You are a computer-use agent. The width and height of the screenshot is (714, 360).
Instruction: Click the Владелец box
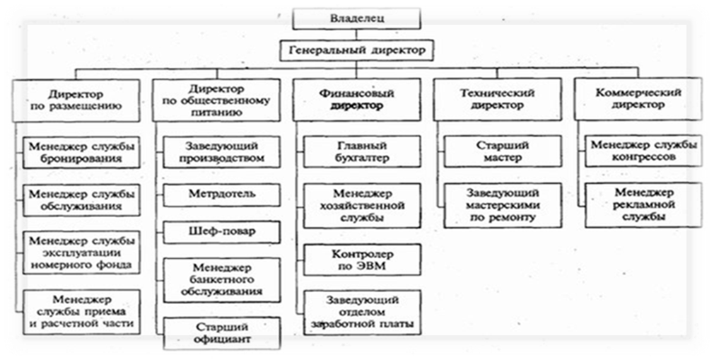356,18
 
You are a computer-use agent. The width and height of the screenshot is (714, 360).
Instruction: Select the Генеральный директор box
356,50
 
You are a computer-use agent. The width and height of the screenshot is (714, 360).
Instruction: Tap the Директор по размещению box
76,100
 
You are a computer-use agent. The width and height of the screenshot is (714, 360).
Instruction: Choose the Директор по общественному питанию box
216,100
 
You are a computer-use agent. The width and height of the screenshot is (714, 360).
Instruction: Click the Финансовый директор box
356,99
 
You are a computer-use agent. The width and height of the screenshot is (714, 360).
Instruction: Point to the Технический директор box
497,99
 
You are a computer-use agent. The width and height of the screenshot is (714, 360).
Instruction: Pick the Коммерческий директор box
638,98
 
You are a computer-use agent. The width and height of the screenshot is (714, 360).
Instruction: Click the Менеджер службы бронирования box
81,153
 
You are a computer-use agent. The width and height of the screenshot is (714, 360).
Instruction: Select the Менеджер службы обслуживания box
81,200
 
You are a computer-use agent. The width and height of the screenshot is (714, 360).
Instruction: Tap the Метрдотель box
222,194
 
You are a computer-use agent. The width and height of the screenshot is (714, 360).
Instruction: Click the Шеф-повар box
222,232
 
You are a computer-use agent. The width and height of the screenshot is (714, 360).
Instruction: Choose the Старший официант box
222,333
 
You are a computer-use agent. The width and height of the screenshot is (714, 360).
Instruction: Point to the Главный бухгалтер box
362,152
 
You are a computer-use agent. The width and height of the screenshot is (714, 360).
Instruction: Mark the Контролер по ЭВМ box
362,260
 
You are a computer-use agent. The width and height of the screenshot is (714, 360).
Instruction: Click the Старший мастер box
503,151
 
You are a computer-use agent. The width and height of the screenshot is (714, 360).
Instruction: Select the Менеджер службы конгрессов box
643,151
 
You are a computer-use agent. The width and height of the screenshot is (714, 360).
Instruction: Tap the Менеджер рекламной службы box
643,204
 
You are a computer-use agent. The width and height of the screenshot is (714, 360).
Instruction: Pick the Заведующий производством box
222,152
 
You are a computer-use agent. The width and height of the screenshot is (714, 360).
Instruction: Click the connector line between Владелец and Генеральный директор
356,34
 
